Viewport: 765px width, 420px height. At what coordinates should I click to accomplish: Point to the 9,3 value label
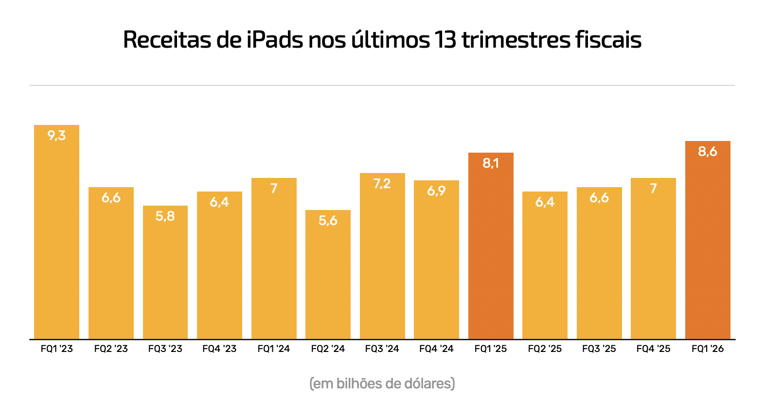click(56, 136)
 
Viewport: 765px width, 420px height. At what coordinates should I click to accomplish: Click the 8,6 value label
click(708, 152)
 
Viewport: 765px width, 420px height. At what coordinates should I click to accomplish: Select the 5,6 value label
click(328, 221)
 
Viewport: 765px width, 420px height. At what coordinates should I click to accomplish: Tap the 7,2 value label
click(382, 184)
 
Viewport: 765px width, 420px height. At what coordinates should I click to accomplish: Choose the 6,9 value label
click(436, 191)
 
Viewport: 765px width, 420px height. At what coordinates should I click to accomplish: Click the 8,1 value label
click(491, 163)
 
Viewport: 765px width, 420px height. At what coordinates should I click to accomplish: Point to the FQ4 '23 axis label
click(219, 349)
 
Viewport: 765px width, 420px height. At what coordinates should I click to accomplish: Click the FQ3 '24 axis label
click(382, 349)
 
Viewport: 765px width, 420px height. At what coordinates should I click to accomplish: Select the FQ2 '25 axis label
click(545, 349)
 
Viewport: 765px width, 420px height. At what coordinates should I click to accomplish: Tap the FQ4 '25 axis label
click(653, 349)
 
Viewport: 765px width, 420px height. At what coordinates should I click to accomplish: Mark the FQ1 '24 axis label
click(274, 349)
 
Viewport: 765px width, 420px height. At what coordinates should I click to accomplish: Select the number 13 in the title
click(445, 40)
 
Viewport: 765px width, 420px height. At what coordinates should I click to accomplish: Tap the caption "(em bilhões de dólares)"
click(382, 384)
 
